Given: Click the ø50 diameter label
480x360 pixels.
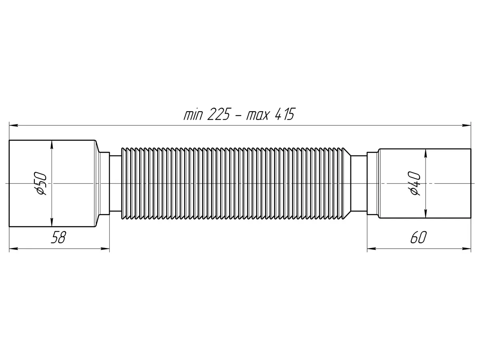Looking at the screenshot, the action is click(41, 183).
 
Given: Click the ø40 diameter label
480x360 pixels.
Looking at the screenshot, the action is click(415, 183).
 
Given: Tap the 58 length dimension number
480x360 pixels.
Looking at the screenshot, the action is click(58, 237).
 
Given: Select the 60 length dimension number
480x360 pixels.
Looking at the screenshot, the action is click(418, 237).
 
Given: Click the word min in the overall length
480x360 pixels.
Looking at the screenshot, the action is click(193, 115).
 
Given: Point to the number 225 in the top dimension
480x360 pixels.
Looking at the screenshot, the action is click(219, 114).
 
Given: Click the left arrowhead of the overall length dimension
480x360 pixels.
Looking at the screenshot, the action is click(14, 126).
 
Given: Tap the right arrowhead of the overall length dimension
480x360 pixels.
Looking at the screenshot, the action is click(466, 126).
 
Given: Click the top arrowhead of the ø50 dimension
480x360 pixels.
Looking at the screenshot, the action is click(52, 145).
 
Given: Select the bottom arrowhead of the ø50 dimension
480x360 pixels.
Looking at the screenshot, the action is click(52, 222).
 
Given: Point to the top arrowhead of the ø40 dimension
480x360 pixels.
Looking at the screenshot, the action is click(426, 154).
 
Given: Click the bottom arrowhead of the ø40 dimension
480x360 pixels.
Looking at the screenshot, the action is click(426, 213).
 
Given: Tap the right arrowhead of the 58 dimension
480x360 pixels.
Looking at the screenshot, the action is click(105, 248).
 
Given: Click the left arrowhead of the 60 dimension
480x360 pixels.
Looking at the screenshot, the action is click(372, 248).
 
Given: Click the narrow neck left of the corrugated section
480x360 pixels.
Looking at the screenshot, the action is click(115, 183).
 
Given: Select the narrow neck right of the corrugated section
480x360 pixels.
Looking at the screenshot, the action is click(359, 183).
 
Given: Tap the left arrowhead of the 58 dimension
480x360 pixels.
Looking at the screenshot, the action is click(14, 248).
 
